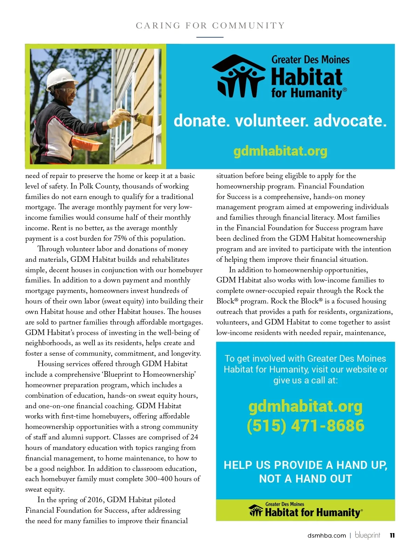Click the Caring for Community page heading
[x=210, y=26]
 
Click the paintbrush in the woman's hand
[x=140, y=117]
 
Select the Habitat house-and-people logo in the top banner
[x=238, y=76]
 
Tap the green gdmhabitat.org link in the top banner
[x=280, y=151]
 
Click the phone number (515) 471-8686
[x=305, y=425]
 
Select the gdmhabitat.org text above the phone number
[x=305, y=406]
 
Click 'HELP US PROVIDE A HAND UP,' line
[x=305, y=465]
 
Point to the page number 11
[x=392, y=535]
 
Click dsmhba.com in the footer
[x=327, y=535]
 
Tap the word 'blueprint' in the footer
[x=367, y=535]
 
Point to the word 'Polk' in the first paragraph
[x=86, y=186]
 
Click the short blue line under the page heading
[x=210, y=37]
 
